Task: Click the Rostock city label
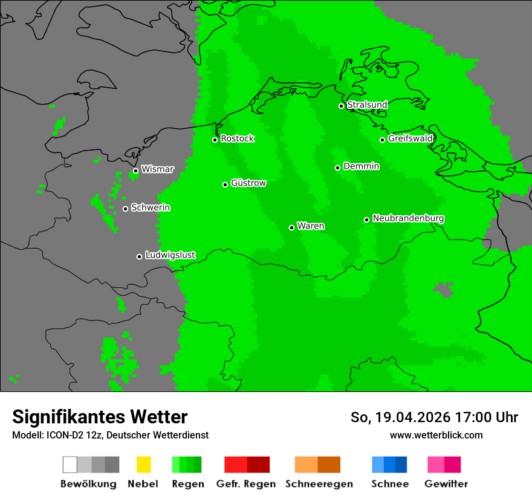tap(237, 139)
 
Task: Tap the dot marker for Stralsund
tap(341, 106)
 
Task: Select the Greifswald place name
tap(410, 139)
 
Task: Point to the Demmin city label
tap(361, 166)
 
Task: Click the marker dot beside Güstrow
tap(225, 184)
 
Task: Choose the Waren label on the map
tap(311, 226)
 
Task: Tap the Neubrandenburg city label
tap(408, 218)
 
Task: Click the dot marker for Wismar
tap(135, 171)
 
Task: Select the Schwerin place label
tap(151, 207)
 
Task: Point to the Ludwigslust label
tap(170, 255)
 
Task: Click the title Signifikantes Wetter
tap(100, 417)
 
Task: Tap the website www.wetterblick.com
tap(436, 435)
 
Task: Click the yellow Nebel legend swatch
tap(143, 465)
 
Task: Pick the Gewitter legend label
tap(446, 484)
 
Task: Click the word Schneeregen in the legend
tap(319, 484)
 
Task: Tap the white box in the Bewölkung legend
tap(70, 465)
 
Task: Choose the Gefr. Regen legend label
tap(245, 484)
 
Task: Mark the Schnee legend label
tap(389, 484)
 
